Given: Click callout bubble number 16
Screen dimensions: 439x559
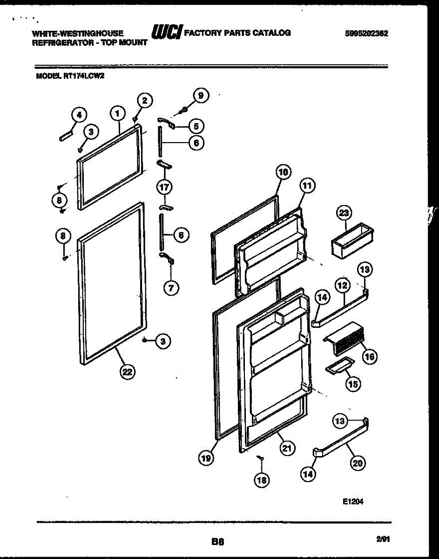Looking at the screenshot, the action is click(370, 357).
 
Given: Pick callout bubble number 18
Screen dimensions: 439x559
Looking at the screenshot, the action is click(262, 479).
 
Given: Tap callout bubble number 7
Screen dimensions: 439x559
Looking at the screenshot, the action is click(171, 288).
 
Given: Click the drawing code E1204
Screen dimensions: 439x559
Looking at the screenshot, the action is click(352, 502).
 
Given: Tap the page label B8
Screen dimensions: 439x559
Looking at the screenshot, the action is click(218, 542).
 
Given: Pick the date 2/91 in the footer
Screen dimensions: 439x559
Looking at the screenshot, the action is click(383, 539).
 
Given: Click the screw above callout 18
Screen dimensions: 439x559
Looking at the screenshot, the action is click(262, 459).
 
